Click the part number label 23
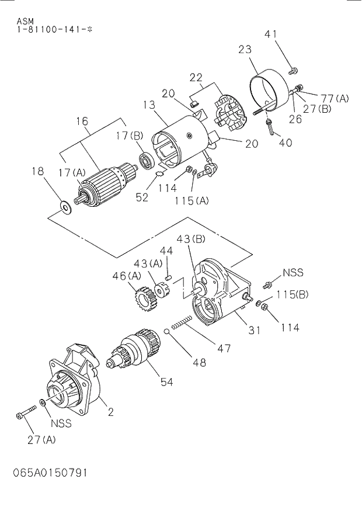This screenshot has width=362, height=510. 245,50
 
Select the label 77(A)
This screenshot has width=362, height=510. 334,98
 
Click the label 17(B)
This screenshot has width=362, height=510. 129,136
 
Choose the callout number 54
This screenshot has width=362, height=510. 167,382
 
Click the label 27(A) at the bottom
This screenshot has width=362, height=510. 41,440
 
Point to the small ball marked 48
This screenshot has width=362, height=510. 167,332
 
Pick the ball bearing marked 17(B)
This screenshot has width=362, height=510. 145,160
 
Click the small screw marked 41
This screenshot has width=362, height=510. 293,71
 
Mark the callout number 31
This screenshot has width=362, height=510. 254,331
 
